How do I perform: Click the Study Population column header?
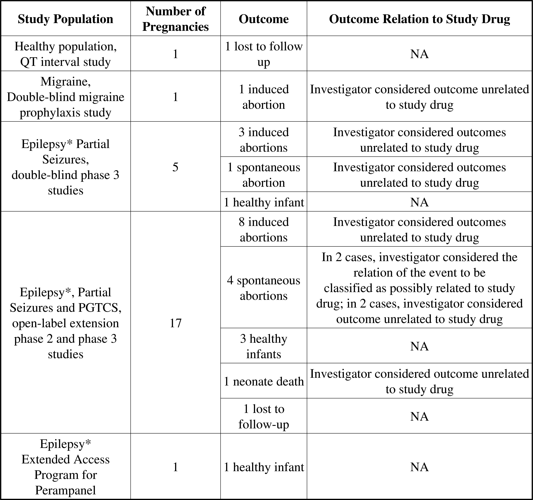pos(65,19)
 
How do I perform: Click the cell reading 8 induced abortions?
pos(264,229)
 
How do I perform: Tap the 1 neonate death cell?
pos(264,381)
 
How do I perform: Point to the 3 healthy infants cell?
pos(264,346)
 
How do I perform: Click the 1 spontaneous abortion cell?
pos(264,175)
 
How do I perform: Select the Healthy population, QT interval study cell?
pos(65,54)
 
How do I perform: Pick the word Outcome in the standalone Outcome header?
pos(264,19)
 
